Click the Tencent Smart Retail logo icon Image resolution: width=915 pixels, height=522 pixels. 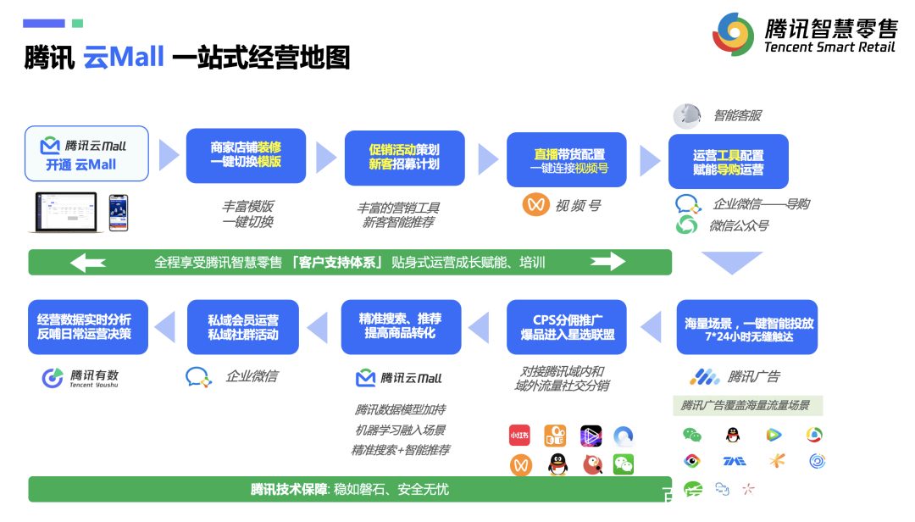coord(733,34)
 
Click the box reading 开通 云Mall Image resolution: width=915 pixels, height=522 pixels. coord(86,154)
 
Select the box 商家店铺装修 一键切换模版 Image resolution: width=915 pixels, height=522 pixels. coord(246,155)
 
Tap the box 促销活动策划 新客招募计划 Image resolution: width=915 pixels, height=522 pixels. coord(404,157)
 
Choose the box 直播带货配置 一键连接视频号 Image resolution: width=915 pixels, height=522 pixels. coord(567,160)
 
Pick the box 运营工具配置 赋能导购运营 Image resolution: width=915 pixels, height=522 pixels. coord(729,162)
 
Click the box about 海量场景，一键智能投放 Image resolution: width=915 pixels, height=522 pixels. coord(747,328)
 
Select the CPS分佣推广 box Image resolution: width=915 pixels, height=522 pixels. coord(567,327)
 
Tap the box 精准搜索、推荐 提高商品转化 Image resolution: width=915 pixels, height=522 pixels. coord(401,326)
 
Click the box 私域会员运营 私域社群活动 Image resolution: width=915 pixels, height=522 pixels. coord(244,327)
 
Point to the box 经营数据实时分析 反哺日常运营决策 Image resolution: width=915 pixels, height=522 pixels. coord(87,327)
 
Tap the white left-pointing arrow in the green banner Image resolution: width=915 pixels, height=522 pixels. coord(88,263)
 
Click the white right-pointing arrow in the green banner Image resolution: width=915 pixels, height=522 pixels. coord(607,262)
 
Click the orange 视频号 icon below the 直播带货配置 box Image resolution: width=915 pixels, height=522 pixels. coord(535,204)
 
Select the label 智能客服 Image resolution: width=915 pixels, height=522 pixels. coord(736,116)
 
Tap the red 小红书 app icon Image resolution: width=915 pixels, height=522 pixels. coord(519,436)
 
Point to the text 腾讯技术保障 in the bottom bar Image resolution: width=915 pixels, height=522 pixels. coord(289,489)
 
